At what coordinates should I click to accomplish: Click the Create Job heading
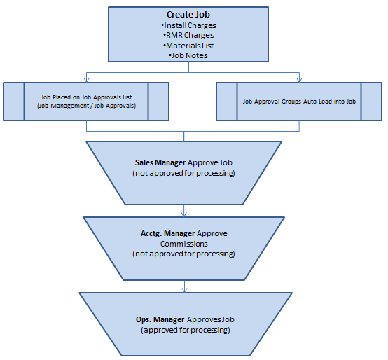point(188,15)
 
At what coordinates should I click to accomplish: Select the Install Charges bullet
point(188,25)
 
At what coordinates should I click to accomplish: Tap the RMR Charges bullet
point(188,36)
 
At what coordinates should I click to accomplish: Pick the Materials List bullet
point(188,46)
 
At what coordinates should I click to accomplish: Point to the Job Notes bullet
point(188,55)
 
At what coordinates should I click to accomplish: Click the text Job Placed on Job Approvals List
point(86,97)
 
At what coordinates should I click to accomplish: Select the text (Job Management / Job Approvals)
point(86,106)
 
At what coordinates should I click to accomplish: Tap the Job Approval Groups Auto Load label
point(299,102)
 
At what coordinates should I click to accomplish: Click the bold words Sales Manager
point(160,162)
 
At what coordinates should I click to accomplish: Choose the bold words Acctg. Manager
point(168,233)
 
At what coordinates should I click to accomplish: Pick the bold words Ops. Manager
point(160,319)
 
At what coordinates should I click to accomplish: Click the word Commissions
point(184,244)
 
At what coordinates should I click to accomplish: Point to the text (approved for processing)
point(186,330)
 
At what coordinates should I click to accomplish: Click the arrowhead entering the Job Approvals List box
point(86,80)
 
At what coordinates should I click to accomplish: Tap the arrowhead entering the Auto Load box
point(300,80)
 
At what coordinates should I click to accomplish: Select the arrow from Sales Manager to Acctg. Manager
point(184,211)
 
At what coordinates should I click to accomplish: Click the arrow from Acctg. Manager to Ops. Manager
point(184,286)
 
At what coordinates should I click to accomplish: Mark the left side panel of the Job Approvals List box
point(14,102)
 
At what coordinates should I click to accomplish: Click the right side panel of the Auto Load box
point(371,102)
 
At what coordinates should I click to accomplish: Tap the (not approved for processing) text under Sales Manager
point(183,173)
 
